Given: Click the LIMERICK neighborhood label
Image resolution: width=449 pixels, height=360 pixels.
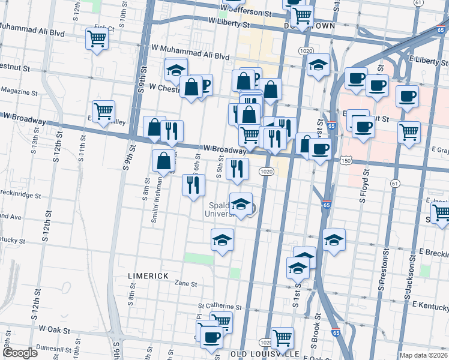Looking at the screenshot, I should point(148,275).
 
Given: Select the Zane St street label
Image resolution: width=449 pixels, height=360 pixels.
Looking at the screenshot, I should point(186,283).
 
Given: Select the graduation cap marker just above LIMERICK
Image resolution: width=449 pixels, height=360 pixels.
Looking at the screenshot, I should point(222,239).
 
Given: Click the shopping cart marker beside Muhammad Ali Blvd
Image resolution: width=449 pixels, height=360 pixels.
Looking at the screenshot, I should point(97,38).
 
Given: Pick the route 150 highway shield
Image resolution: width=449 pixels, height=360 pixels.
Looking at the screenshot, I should point(345,160).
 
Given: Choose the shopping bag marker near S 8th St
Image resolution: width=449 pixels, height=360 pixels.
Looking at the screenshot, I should point(164,160).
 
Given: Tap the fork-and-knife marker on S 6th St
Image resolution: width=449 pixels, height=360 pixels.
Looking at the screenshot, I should point(192,184).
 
